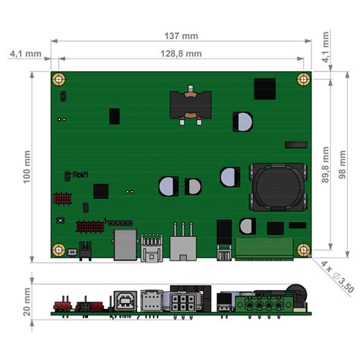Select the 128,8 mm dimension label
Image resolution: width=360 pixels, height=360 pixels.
tap(181, 53)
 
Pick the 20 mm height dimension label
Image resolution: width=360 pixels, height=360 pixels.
tap(28, 302)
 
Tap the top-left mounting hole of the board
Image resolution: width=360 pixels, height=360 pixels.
tap(58, 79)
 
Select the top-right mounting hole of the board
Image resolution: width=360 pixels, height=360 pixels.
tap(303, 79)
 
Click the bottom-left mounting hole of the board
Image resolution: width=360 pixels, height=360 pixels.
tap(58, 249)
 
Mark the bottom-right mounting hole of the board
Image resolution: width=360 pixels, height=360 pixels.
tap(303, 249)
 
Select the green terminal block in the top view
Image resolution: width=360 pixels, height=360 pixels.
tap(264, 247)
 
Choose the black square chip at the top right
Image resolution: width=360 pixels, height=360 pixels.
tap(264, 88)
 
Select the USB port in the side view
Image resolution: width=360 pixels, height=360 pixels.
tap(122, 300)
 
